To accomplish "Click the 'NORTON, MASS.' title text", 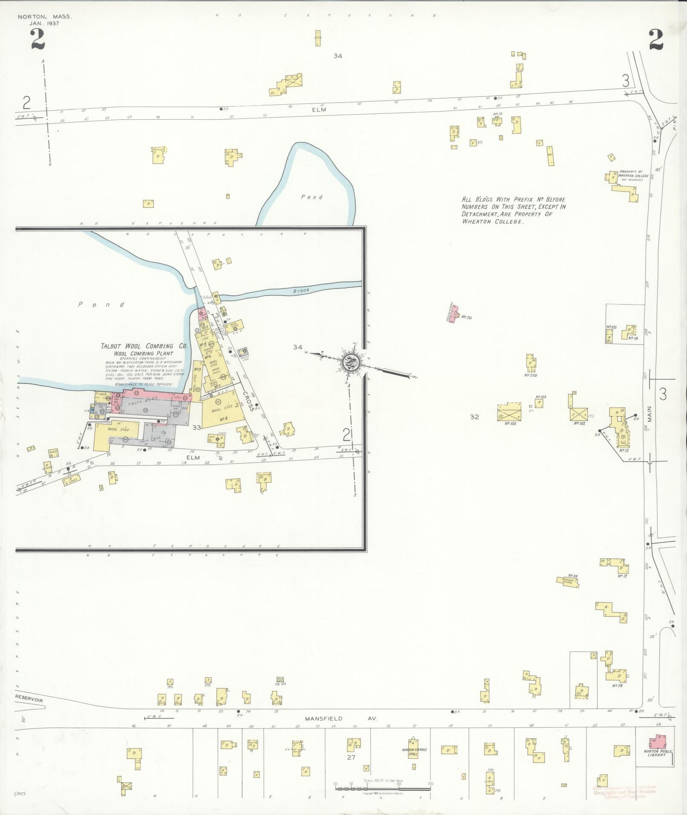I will (45, 17).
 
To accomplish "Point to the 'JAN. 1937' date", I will (44, 23).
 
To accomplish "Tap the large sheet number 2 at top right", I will (656, 41).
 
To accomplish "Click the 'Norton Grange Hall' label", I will (414, 752).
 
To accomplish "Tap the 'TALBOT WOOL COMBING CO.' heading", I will (144, 346).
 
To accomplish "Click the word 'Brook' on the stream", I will (301, 291).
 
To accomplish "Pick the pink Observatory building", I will (454, 313).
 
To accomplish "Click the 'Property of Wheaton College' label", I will (633, 174).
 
